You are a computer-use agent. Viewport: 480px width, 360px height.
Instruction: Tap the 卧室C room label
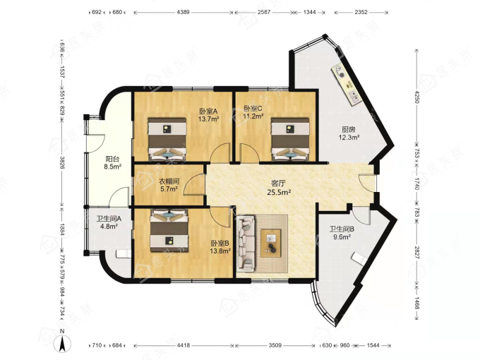pos(253,109)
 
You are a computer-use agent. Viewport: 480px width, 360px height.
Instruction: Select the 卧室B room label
pos(220,244)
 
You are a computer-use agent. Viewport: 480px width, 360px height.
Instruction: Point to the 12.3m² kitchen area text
pos(349,138)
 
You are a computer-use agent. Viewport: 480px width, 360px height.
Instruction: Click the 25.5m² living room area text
pos(279,192)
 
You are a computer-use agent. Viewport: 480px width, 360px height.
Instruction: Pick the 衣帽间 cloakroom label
pos(169,181)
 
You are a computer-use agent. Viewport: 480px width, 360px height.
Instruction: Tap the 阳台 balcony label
pos(112,160)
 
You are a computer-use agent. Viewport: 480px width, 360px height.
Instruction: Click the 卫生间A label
pos(109,219)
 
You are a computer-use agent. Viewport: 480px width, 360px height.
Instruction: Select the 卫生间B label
pos(342,229)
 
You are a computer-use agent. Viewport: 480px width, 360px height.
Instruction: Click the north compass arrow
pos(62,344)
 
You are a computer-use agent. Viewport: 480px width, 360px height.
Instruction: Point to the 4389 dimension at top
pos(184,12)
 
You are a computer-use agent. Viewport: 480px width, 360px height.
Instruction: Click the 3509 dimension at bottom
pos(275,345)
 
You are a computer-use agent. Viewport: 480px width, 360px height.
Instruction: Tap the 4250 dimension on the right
pos(416,97)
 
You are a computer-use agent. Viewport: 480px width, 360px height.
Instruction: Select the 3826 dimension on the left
pos(62,163)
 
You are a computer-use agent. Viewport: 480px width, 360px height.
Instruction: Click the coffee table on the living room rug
pos(271,243)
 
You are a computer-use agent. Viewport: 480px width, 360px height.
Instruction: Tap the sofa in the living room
pos(246,244)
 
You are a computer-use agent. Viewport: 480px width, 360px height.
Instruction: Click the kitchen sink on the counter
pos(355,97)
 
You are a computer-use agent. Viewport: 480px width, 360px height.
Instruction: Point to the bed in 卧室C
pos(290,139)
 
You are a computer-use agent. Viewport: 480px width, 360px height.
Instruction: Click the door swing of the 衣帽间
pos(194,184)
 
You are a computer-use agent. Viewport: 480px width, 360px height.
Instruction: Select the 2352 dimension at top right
pos(361,12)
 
